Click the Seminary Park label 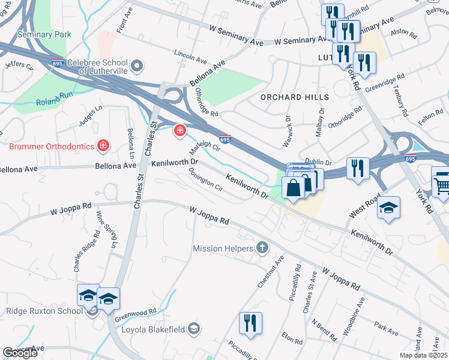coord(44,35)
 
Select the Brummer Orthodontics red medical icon coord(103,146)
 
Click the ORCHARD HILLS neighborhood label coord(295,97)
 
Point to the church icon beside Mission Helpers coord(262,247)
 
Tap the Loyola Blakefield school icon coord(194,328)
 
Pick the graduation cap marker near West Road coord(388,208)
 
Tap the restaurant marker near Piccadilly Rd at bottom coord(250,323)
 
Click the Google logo coord(20,353)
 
